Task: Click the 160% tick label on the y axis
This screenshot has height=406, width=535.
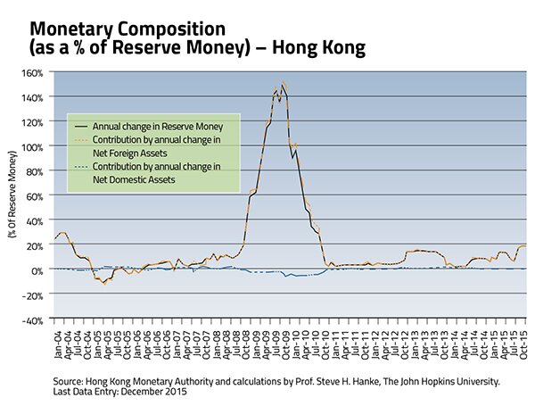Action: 35,72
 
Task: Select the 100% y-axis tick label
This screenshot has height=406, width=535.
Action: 35,146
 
